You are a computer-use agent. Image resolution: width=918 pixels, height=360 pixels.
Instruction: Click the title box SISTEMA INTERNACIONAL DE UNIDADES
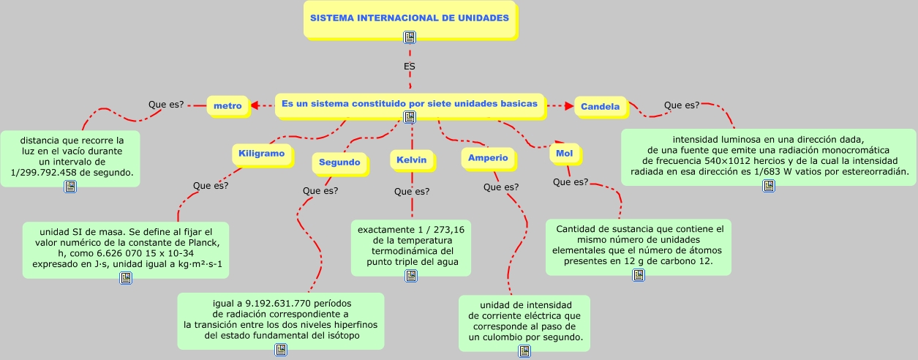point(410,18)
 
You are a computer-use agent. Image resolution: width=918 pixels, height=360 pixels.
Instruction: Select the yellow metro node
point(227,106)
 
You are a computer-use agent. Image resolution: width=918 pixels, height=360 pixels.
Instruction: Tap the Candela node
point(600,107)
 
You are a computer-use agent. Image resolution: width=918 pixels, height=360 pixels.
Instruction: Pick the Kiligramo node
point(261,154)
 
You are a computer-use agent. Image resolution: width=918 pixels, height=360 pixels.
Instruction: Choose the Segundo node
point(339,162)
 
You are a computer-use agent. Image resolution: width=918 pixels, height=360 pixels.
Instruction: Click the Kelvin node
point(412,160)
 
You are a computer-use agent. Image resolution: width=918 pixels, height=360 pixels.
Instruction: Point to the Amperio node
point(488,158)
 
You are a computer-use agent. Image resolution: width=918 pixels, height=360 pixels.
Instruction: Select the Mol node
point(564,154)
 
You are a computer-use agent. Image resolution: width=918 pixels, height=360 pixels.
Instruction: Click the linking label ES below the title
point(410,66)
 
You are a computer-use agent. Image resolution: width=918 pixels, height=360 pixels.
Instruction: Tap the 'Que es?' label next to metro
point(166,105)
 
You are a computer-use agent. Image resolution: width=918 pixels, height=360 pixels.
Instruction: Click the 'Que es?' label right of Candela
point(682,105)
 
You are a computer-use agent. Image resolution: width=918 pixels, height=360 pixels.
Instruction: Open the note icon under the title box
point(410,37)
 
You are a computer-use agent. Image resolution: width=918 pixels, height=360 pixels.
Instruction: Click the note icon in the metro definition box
point(69,187)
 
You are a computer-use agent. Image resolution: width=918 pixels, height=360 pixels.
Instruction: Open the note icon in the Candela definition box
point(769,186)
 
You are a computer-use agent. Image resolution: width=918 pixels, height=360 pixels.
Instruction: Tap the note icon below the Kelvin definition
point(411,276)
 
